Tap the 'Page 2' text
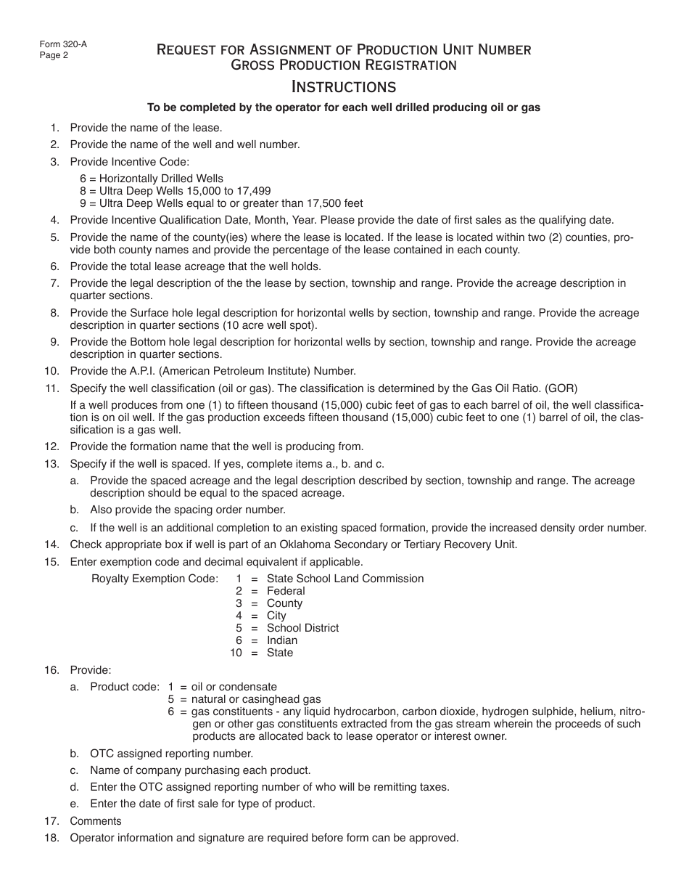point(54,55)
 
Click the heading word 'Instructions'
point(343,86)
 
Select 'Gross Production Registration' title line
point(343,65)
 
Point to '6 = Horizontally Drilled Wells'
point(152,179)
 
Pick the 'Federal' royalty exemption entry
point(286,591)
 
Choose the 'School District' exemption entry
point(302,628)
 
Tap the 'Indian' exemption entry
point(282,640)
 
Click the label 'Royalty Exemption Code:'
point(154,579)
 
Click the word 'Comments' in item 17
point(96,821)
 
